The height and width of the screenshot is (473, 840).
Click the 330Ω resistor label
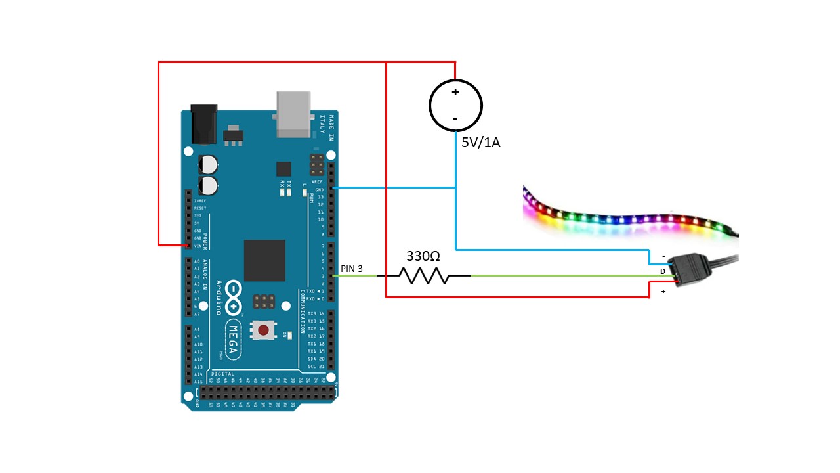tap(423, 256)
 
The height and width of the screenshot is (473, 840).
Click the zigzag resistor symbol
tap(423, 276)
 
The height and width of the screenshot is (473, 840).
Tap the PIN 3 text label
tap(352, 269)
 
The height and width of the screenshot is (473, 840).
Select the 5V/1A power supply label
tap(480, 143)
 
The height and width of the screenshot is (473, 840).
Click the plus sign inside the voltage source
tap(455, 92)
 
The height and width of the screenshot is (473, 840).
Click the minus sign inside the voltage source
tap(455, 119)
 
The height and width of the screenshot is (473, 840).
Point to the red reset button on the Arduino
tap(262, 330)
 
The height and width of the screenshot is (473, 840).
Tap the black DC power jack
tap(204, 124)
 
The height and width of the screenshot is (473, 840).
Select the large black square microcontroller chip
tap(264, 261)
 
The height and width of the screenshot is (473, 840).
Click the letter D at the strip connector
tap(662, 271)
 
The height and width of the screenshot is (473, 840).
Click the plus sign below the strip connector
tap(663, 291)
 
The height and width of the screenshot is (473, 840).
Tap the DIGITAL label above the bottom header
tap(222, 374)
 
